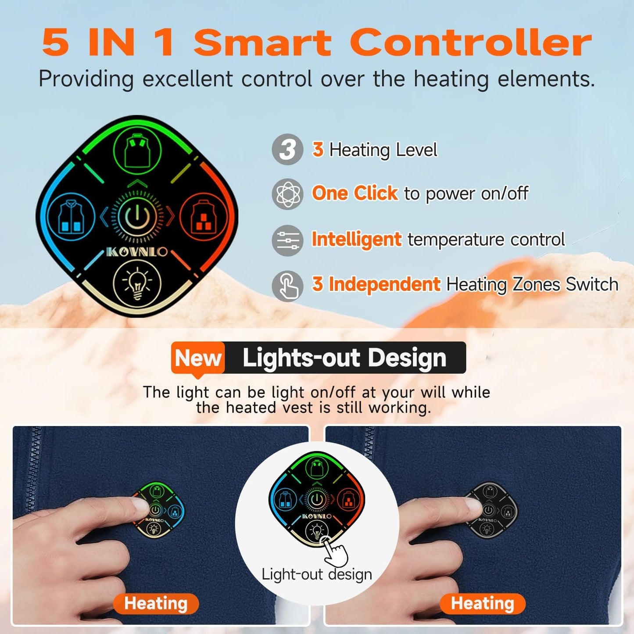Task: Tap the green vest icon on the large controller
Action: pyautogui.click(x=137, y=150)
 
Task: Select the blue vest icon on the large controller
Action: pyautogui.click(x=71, y=217)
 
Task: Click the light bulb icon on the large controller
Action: pyautogui.click(x=137, y=283)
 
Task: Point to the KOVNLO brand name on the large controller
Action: pyautogui.click(x=137, y=252)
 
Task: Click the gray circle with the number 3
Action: pyautogui.click(x=287, y=149)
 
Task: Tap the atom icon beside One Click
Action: pyautogui.click(x=287, y=194)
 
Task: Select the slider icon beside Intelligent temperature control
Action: pyautogui.click(x=287, y=240)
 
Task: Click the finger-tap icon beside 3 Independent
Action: pyautogui.click(x=287, y=286)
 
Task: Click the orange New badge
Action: pyautogui.click(x=198, y=358)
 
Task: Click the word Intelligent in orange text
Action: pyautogui.click(x=356, y=239)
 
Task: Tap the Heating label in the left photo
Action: pyautogui.click(x=156, y=604)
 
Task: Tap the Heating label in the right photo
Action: pyautogui.click(x=482, y=604)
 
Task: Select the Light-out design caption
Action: pyautogui.click(x=317, y=574)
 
